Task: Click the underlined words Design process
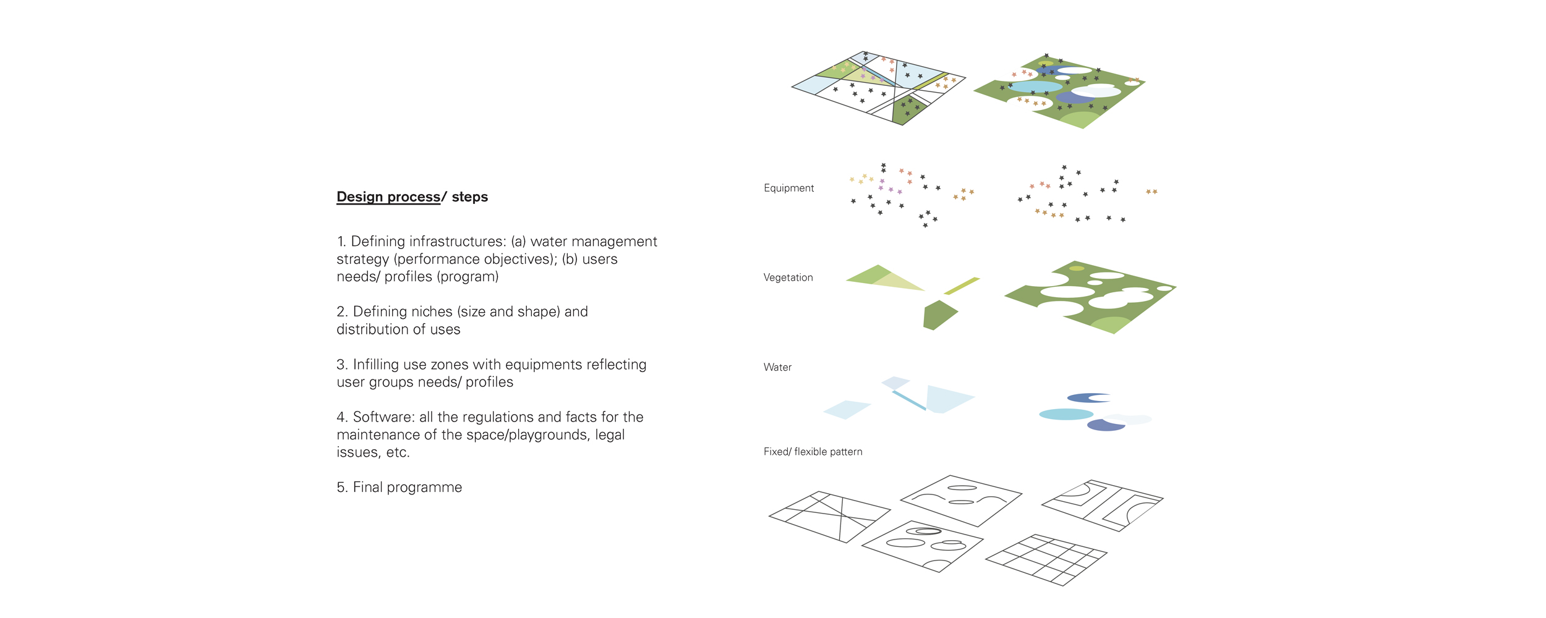tap(388, 197)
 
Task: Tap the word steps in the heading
tap(470, 197)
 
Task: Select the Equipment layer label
tap(788, 188)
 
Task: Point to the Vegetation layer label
tap(788, 277)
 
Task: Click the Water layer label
tap(777, 367)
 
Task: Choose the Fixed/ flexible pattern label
tap(813, 452)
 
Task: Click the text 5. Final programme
tap(399, 488)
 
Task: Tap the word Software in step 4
tap(382, 417)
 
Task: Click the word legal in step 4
tap(610, 435)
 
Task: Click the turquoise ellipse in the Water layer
tap(1066, 414)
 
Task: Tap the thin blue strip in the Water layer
tap(909, 400)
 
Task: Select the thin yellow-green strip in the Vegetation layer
tap(962, 286)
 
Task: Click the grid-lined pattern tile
tap(1046, 560)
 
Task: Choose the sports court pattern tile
tap(1103, 506)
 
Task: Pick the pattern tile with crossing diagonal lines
tap(830, 517)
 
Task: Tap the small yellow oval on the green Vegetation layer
tap(1077, 268)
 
